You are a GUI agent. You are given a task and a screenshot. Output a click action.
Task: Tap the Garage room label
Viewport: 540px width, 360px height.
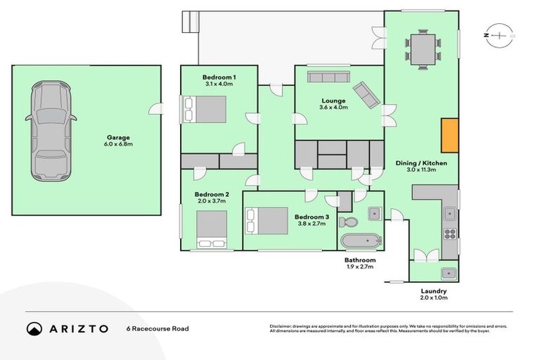tap(119, 138)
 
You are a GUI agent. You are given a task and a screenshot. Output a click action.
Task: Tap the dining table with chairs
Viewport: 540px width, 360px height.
tap(423, 49)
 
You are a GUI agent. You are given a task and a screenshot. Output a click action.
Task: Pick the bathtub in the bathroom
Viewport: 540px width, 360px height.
tap(361, 242)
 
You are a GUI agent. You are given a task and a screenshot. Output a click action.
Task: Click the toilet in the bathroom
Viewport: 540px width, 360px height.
tap(349, 221)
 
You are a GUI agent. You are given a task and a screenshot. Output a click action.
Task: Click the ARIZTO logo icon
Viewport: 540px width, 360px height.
tap(34, 328)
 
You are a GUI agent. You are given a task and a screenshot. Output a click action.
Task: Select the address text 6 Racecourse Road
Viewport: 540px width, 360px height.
tap(157, 328)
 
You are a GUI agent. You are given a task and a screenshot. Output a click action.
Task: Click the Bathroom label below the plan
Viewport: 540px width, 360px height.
tap(359, 260)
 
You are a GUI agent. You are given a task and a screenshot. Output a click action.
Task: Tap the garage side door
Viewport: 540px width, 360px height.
tap(156, 108)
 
